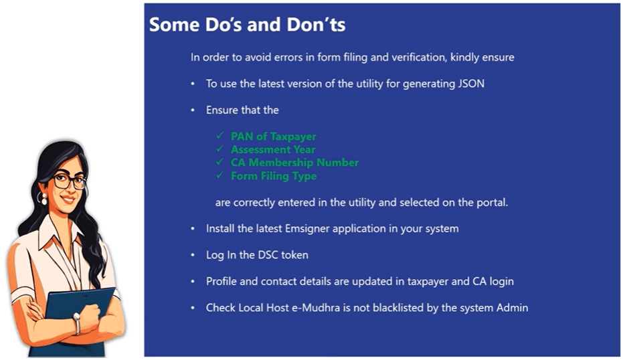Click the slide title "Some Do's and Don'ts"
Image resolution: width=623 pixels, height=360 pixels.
[x=247, y=25]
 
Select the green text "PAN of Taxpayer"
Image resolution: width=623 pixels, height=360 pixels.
[x=273, y=137]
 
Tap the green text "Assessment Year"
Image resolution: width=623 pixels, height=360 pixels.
[x=273, y=150]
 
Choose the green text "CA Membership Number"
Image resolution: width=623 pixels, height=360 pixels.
[x=294, y=163]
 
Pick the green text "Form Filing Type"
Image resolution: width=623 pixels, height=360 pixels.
[x=273, y=176]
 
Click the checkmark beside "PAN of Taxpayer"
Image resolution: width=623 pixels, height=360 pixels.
[x=219, y=136]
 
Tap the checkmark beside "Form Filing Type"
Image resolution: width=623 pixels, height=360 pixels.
[x=219, y=175]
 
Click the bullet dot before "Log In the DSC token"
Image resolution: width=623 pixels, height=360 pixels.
[x=193, y=256]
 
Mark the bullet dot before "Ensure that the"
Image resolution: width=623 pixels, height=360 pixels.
[x=193, y=110]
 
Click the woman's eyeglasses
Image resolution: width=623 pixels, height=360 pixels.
[x=70, y=181]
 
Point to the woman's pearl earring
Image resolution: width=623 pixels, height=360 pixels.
[x=43, y=201]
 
